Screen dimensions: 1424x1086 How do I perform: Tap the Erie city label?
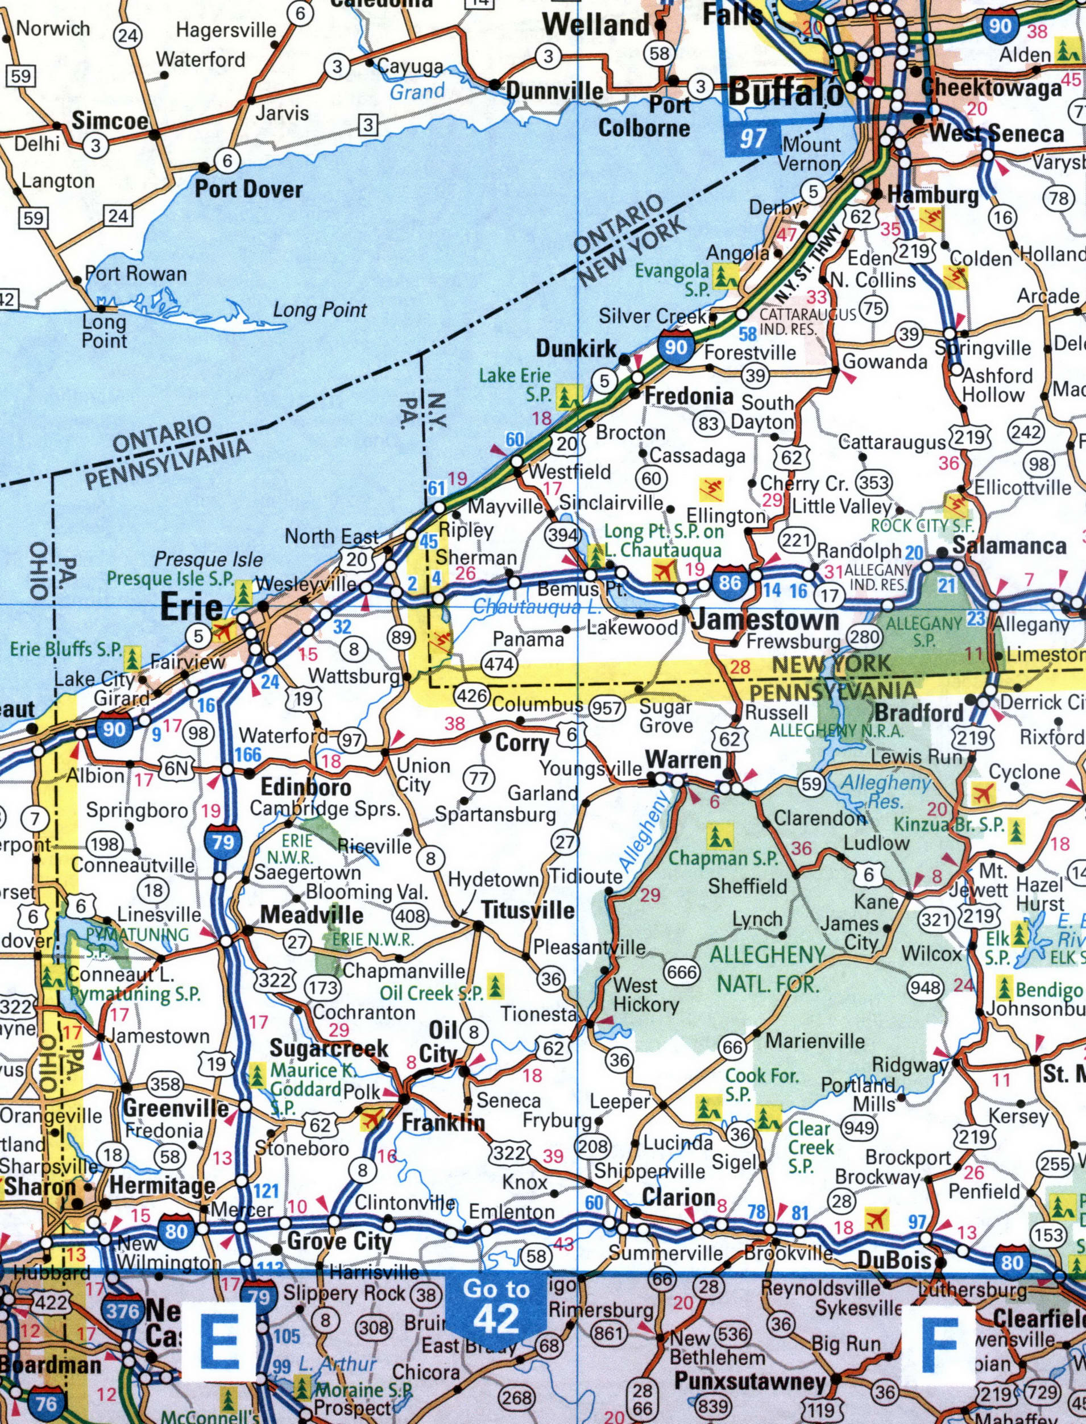pos(190,607)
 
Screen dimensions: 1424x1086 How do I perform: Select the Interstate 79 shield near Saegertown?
pos(222,842)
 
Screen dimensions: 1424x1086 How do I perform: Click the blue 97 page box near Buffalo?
pos(753,138)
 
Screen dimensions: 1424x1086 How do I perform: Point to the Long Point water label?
pos(320,311)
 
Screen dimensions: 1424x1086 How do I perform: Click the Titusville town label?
pos(528,910)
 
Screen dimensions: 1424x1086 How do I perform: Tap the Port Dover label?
pos(249,189)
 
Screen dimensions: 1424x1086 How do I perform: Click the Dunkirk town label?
pos(576,349)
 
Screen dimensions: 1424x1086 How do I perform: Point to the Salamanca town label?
pos(1009,545)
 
